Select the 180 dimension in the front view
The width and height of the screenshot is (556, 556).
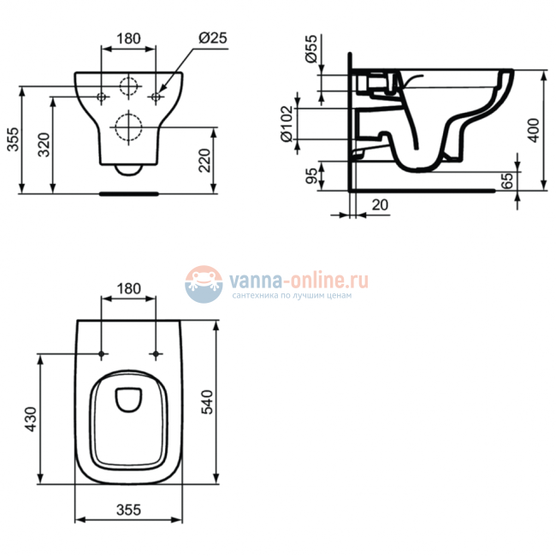click(x=128, y=38)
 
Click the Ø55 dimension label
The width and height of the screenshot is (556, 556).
click(x=311, y=51)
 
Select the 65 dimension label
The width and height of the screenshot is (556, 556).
click(x=506, y=180)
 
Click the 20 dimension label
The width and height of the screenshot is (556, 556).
click(x=379, y=205)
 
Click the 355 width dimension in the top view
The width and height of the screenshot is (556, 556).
click(x=128, y=510)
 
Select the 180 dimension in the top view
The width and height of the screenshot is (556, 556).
click(x=128, y=288)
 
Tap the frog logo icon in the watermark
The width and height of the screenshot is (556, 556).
click(x=203, y=283)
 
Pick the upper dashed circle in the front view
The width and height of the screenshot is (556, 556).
click(x=128, y=87)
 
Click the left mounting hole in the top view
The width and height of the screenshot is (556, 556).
click(x=102, y=354)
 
